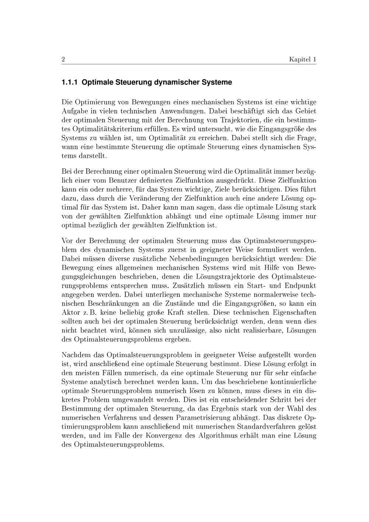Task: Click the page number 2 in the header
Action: [63, 59]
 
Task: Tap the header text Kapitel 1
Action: [303, 59]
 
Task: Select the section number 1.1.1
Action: [70, 82]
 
